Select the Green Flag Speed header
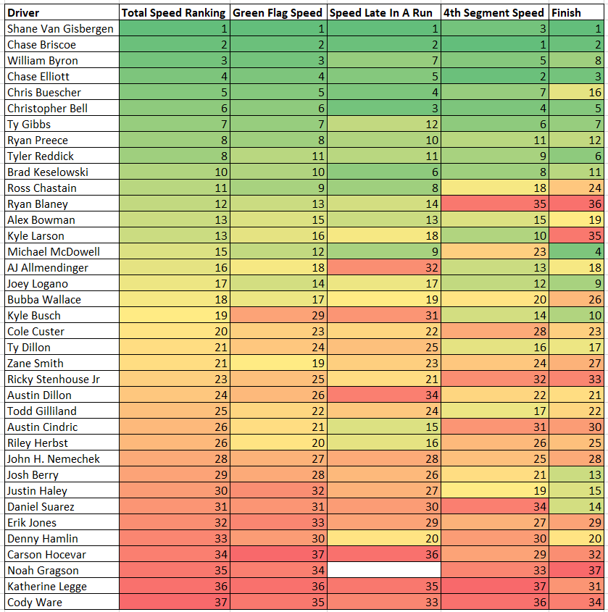(278, 12)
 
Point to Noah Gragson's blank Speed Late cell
(384, 570)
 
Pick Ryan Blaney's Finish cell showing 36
(576, 204)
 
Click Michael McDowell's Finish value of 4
(576, 251)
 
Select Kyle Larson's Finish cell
(576, 235)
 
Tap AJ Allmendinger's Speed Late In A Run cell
(384, 267)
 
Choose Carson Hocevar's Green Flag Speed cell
(278, 554)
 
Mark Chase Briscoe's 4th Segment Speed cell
(495, 44)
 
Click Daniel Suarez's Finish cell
(576, 506)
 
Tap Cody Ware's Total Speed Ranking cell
(175, 603)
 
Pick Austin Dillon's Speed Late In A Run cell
(384, 395)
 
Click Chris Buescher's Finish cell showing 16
(576, 92)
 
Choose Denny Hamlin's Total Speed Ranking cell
(175, 538)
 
